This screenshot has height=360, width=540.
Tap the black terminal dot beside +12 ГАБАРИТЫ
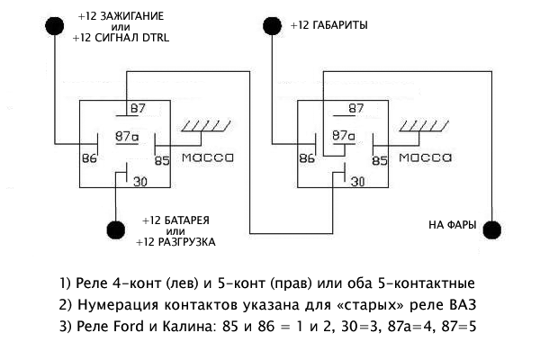tap(274, 24)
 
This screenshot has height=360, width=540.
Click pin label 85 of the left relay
tap(161, 161)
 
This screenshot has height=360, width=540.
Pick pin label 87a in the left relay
tap(126, 137)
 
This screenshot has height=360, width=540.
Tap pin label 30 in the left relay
tap(139, 183)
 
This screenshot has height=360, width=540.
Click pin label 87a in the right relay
tap(342, 137)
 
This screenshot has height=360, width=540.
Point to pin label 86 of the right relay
tap(306, 159)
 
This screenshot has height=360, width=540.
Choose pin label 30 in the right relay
tap(357, 183)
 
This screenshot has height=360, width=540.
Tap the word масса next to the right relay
tap(425, 157)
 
